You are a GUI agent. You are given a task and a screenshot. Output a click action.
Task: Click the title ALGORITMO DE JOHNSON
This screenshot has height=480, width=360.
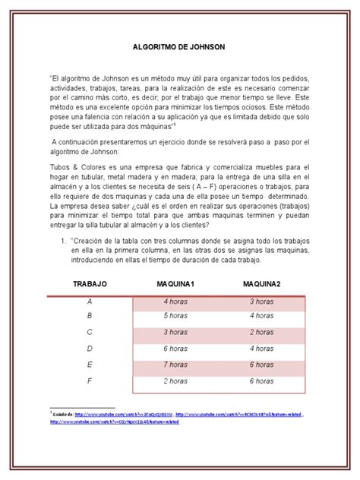tap(180, 46)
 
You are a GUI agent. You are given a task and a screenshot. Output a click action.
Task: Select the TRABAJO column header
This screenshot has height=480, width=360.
tap(90, 283)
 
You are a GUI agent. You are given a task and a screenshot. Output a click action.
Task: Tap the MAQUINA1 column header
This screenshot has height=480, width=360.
tap(175, 283)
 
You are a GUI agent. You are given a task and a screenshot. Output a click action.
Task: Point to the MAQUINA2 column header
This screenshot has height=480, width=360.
tap(262, 283)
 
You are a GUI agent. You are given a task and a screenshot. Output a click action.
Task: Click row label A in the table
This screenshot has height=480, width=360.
tap(90, 301)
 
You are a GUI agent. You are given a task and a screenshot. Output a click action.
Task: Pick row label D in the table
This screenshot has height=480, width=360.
tap(90, 348)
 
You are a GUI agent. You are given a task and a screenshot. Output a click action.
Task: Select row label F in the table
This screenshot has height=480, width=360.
tap(90, 381)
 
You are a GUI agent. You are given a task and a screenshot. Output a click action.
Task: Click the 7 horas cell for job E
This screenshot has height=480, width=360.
tap(175, 365)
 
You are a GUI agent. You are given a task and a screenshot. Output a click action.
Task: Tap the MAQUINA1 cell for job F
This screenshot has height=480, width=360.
tap(175, 381)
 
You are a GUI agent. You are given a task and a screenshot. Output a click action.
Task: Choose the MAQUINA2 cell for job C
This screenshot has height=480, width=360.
tap(262, 332)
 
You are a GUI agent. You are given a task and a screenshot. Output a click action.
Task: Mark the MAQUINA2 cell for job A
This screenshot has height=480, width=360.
tap(262, 301)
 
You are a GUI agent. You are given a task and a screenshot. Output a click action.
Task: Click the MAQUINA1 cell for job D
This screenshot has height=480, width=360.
tap(175, 348)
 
